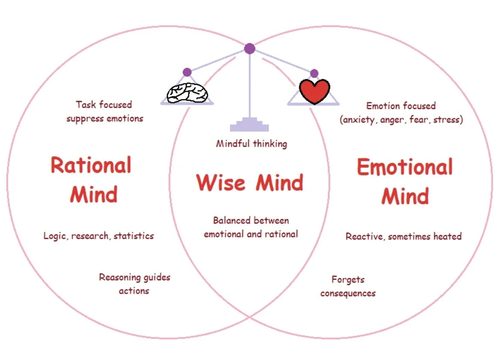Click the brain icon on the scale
click(187, 92)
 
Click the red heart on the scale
click(314, 91)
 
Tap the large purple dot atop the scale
click(250, 48)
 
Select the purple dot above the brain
click(187, 72)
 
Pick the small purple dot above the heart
click(314, 73)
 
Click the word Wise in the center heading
click(221, 183)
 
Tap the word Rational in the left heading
click(91, 165)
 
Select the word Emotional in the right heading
click(405, 167)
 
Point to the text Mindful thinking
click(251, 144)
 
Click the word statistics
click(134, 236)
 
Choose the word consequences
click(348, 294)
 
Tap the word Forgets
click(348, 280)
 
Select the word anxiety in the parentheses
click(360, 120)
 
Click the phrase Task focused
click(104, 105)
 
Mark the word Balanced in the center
click(231, 221)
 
